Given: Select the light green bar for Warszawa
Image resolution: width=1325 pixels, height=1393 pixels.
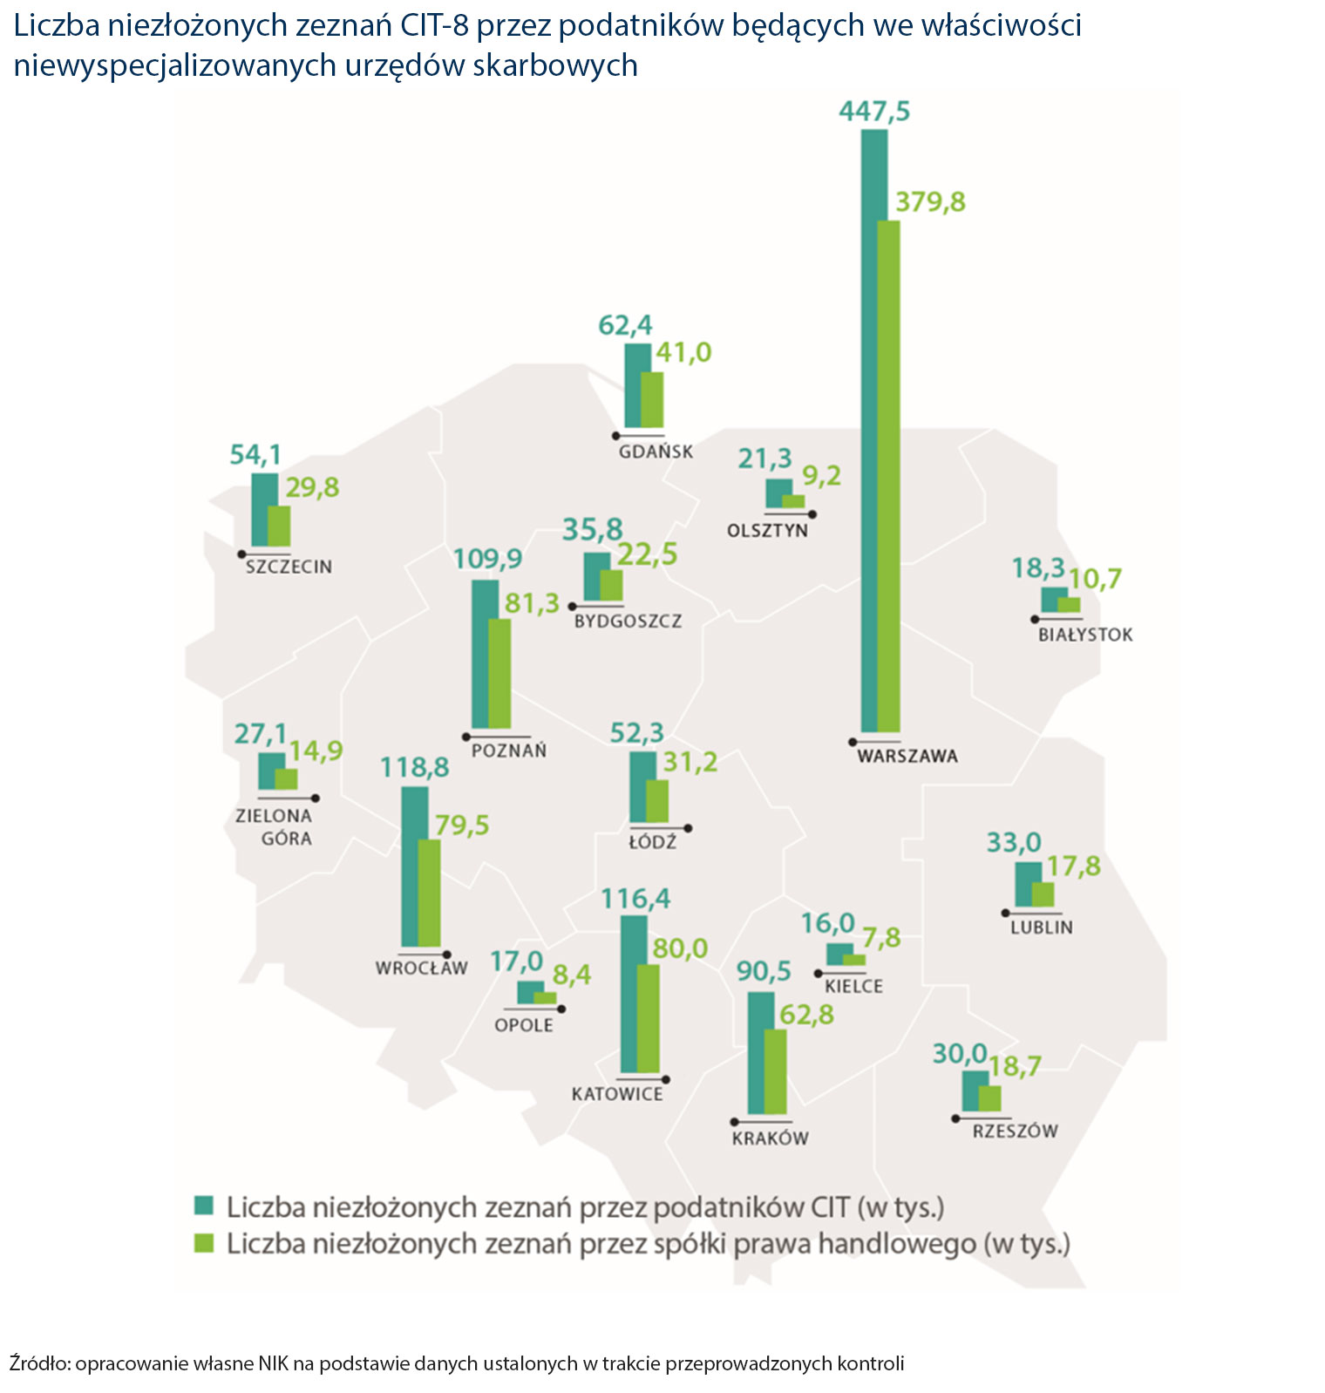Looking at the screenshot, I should point(889,476).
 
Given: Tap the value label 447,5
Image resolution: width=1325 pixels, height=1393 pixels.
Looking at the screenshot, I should point(873,112).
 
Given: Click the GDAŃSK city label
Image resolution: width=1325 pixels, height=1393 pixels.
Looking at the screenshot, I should point(656,452).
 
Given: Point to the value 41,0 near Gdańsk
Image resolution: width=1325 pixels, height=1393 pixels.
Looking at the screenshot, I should point(683,352).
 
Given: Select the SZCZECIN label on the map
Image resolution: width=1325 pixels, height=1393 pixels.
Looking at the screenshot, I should point(289,567).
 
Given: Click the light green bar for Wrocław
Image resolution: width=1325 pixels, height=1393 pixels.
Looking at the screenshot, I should point(429,893).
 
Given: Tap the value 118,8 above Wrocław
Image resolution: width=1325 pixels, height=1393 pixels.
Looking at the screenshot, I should point(415,767).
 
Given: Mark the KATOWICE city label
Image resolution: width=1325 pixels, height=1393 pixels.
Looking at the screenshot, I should point(617,1094).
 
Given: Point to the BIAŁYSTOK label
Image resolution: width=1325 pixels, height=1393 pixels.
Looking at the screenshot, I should point(1085,635).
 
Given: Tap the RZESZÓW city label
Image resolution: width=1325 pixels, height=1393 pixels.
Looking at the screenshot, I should point(1015,1131).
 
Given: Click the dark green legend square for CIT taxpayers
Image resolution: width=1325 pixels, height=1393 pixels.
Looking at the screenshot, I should point(203,1206).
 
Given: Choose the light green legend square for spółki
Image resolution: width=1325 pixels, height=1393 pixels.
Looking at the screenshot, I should point(203,1242).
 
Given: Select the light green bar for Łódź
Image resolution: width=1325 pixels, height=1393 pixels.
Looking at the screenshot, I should point(657,801).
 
